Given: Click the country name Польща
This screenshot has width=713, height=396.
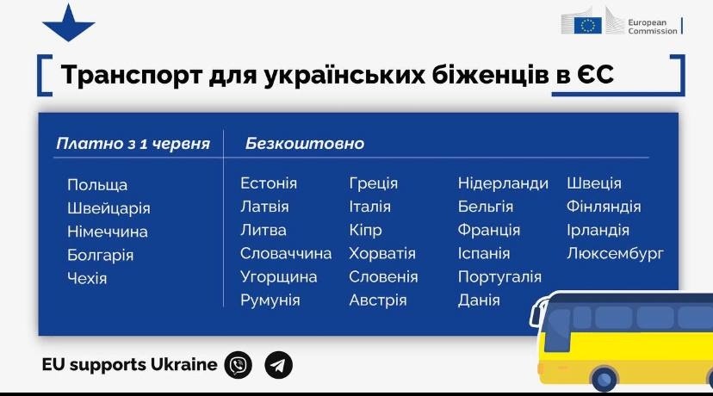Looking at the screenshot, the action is (x=97, y=185).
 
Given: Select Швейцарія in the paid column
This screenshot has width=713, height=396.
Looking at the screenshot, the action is (x=108, y=208).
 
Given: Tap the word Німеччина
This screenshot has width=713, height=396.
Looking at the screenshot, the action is (x=108, y=232).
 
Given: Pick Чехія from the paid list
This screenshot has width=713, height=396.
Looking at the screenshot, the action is (x=87, y=278).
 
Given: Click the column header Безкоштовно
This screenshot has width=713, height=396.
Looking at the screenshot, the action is (x=305, y=143).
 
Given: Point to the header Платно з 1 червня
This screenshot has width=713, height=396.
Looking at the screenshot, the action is (x=133, y=144).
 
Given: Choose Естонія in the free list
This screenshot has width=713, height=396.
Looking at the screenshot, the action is (x=269, y=183).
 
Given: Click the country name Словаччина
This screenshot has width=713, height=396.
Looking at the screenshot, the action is (x=286, y=253).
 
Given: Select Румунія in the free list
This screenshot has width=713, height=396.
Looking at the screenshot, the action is (x=270, y=300).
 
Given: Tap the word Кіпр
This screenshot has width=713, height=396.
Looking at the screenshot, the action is (x=365, y=231).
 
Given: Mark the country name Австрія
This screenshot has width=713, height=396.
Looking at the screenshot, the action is (x=378, y=300).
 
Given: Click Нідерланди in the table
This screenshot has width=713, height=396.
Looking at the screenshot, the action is (x=503, y=183).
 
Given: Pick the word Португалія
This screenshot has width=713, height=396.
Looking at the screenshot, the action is (x=499, y=277).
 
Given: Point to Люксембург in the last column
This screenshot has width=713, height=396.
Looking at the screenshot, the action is (x=615, y=253).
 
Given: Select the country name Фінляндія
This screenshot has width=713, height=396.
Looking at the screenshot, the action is (x=604, y=207).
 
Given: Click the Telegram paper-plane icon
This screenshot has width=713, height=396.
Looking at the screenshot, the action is (x=279, y=365).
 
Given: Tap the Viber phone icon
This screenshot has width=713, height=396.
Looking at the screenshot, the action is (x=239, y=365).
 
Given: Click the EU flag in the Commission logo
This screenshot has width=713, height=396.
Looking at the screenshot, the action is (x=587, y=26).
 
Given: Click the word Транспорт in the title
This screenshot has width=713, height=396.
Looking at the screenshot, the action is (x=132, y=75).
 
